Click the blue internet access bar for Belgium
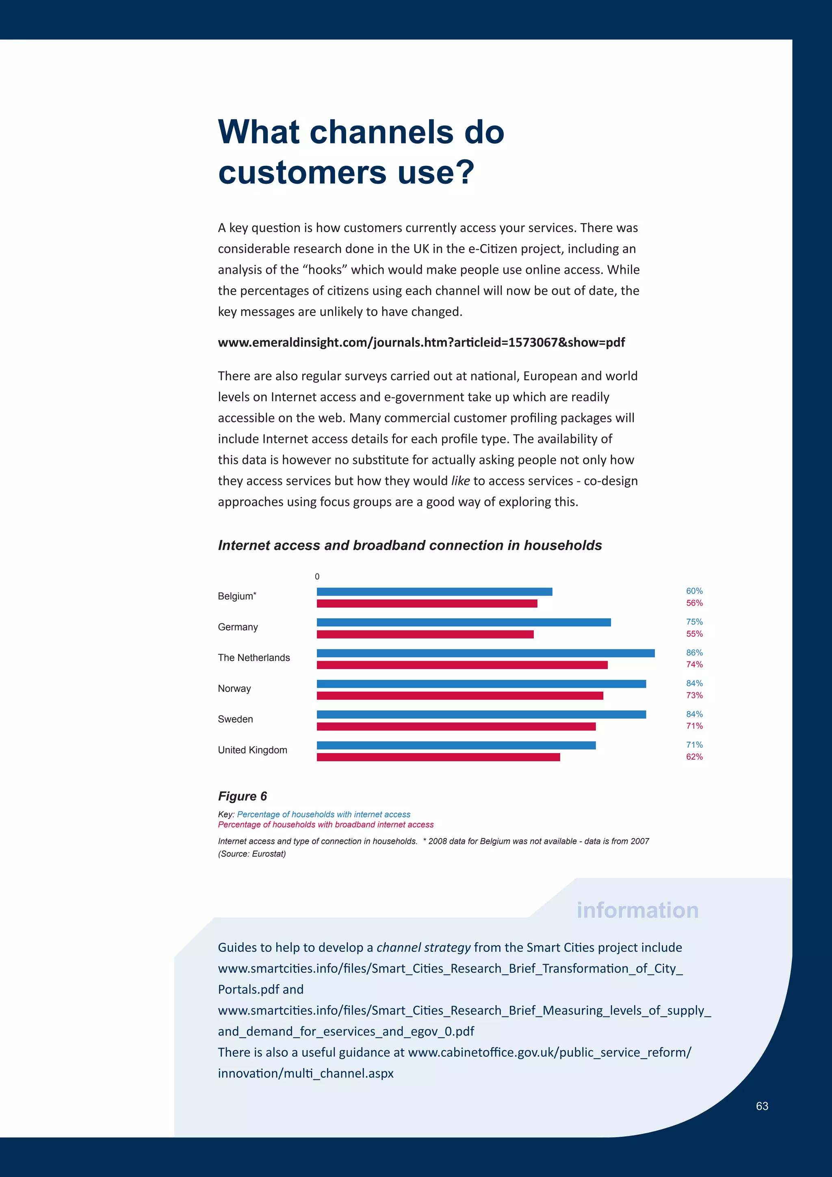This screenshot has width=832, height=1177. [434, 592]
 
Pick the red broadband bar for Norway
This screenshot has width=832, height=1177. [460, 696]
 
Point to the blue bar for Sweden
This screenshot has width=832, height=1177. [481, 714]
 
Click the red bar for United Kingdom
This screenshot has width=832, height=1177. [438, 757]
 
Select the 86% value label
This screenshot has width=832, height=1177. [694, 653]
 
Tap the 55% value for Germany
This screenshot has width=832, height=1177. [694, 634]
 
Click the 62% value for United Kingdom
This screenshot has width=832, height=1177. [694, 757]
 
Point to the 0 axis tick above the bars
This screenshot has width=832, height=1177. [317, 577]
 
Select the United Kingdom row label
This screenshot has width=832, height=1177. [253, 750]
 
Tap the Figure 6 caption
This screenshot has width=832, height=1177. [242, 796]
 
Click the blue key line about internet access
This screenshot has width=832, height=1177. [323, 814]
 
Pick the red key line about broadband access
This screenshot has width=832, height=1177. [326, 825]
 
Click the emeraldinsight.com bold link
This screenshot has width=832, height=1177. [421, 343]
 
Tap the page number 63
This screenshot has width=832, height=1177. [762, 1106]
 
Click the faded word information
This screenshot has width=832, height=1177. [637, 910]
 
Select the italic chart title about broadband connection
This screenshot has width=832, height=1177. [410, 545]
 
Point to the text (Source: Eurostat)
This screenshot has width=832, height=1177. [252, 853]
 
